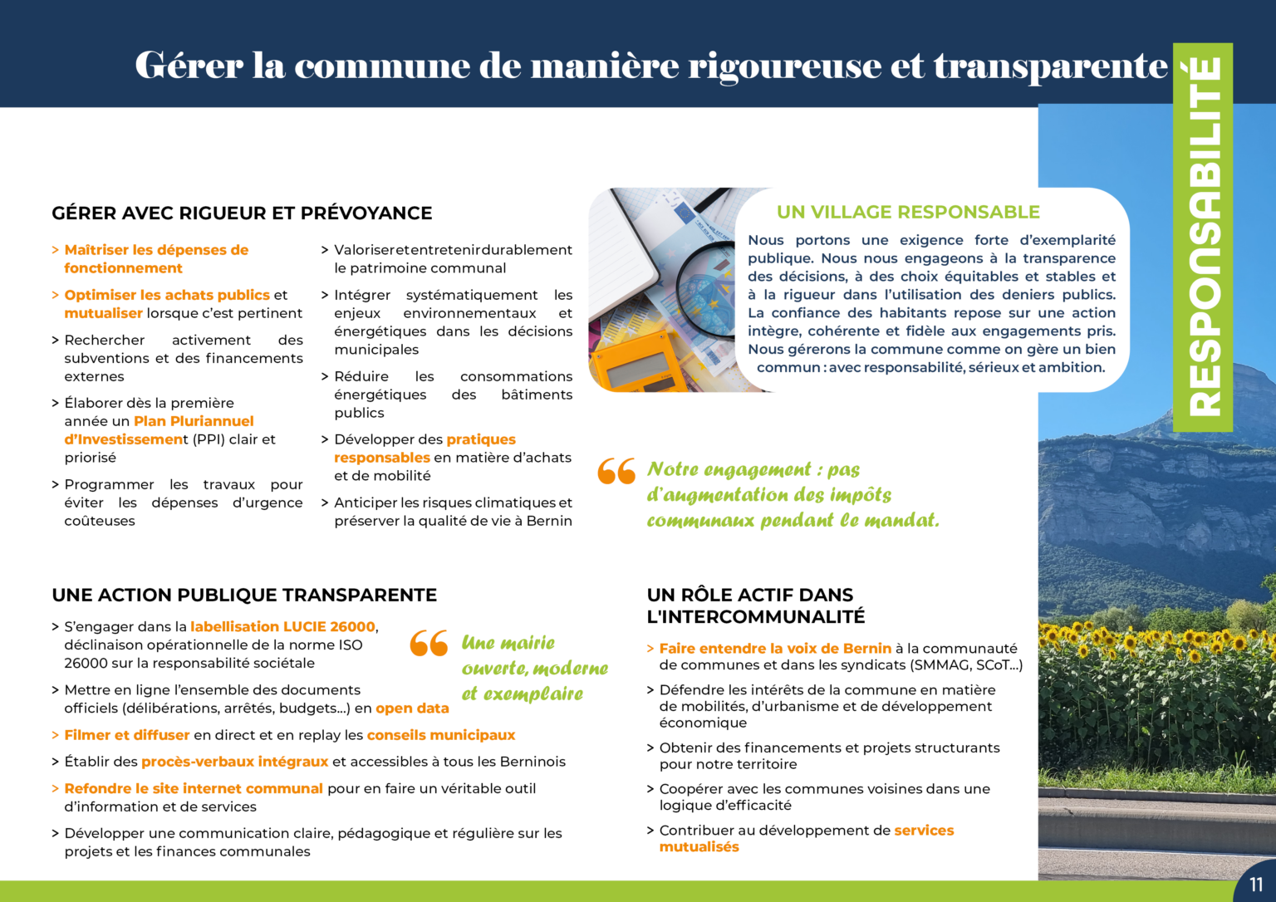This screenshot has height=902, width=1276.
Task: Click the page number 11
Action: (x=1256, y=885)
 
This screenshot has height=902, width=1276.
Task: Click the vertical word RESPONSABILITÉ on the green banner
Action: (x=1204, y=237)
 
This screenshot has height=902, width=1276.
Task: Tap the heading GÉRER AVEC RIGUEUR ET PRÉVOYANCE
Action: (x=242, y=213)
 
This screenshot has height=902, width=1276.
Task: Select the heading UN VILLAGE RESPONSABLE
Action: (x=908, y=213)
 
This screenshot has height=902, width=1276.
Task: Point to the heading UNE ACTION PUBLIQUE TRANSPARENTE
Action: (x=244, y=596)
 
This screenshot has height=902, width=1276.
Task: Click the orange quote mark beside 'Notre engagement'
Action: (x=616, y=471)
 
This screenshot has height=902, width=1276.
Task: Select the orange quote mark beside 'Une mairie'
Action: (x=429, y=643)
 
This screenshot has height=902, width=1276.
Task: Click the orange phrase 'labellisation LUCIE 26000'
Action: (x=282, y=627)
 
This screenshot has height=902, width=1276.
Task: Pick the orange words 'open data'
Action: (x=412, y=708)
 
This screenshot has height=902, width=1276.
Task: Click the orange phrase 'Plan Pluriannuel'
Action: (x=194, y=421)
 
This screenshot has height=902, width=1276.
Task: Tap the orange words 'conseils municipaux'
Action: (x=441, y=735)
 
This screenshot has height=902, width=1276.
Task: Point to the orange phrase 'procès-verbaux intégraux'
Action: (x=235, y=762)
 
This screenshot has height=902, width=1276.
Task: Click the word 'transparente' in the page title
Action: (x=1051, y=66)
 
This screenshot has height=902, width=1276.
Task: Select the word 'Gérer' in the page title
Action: (x=189, y=66)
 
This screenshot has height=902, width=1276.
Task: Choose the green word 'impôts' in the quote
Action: (x=860, y=496)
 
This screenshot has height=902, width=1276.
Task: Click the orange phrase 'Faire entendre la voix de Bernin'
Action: (x=774, y=649)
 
